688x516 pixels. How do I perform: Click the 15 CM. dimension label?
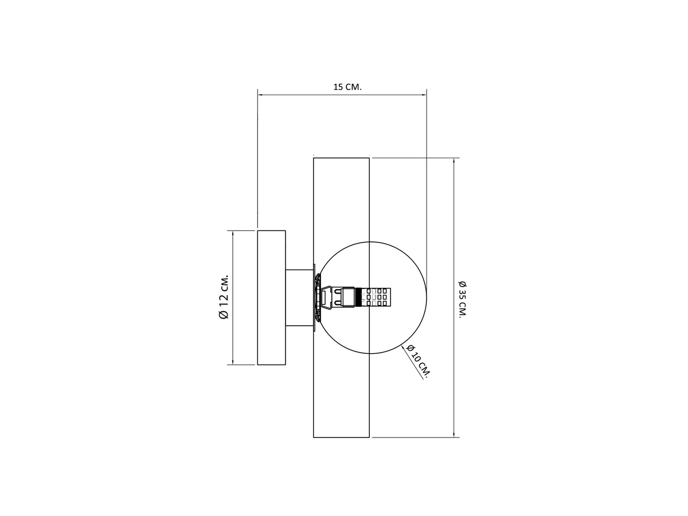[347, 87]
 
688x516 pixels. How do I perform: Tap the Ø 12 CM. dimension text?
[224, 297]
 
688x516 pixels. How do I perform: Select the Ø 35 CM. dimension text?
[462, 299]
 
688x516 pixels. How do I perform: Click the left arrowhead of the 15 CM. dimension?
[260, 95]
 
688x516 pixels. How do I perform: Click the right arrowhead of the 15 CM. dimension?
[424, 95]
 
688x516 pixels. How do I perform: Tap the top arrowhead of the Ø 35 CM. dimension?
[454, 161]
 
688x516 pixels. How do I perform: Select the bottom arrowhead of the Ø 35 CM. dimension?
[454, 434]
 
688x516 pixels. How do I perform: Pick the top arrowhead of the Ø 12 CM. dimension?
[233, 233]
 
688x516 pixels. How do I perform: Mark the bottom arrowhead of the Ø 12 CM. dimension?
[233, 362]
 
